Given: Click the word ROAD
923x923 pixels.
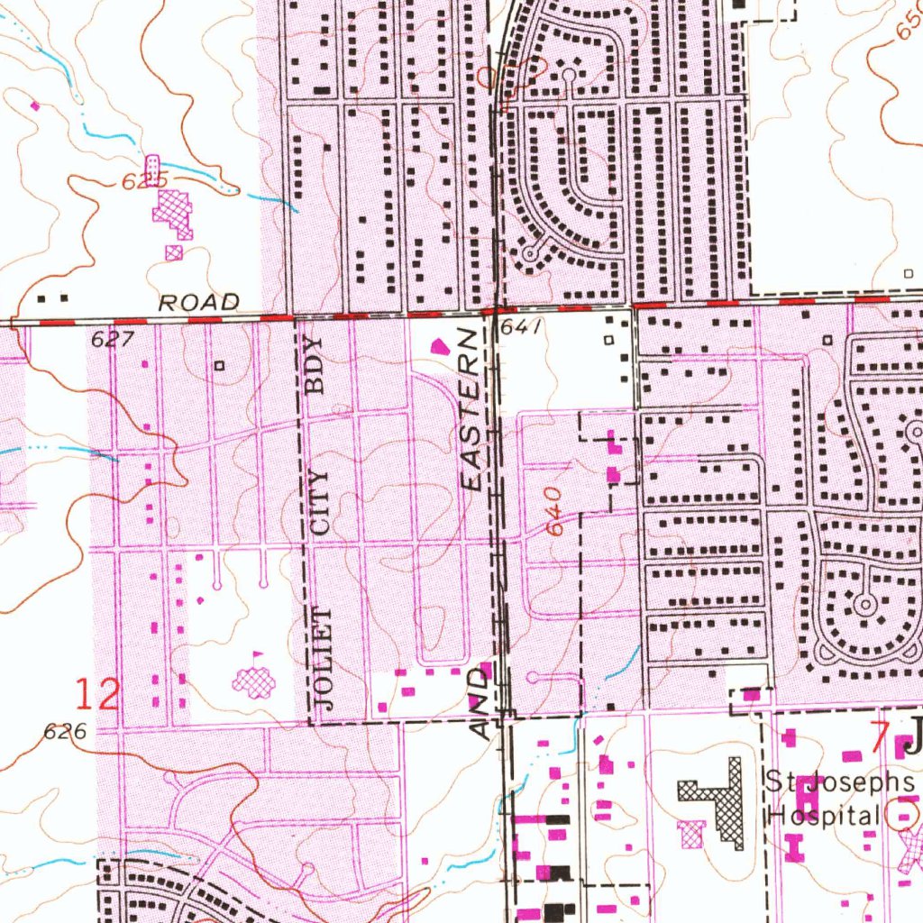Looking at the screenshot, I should click(199, 303).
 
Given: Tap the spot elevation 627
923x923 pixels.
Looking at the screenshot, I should click(113, 340).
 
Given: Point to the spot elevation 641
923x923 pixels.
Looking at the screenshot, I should click(522, 329).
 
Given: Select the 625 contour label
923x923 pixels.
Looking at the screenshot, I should click(145, 182).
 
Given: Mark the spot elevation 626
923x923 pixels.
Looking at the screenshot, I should click(66, 733).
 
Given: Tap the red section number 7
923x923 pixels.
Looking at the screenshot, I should click(880, 732).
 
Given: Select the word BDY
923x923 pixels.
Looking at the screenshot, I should click(314, 366).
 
